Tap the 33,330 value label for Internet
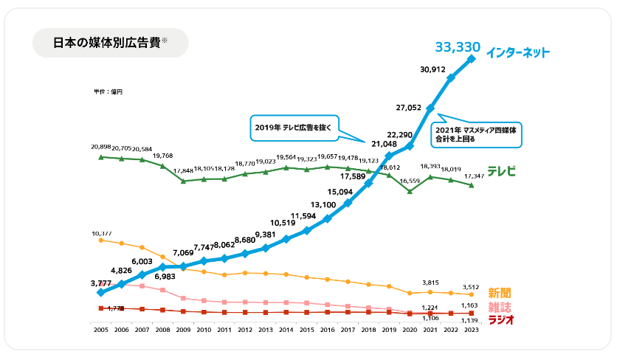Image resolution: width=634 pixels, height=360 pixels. pos(457,48)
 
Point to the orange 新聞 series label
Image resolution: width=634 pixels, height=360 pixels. pos(500,294)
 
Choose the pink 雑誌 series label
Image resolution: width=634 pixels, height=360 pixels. pos(500,307)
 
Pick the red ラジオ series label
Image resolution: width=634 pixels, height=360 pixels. pos(500,319)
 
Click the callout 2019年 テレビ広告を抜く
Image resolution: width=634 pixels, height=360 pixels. pos(292,126)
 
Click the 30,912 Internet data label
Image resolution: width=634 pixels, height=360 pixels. pos(433,69)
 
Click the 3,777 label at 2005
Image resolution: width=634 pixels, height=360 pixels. pos(100,283)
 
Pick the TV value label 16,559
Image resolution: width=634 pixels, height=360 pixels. pos(408,181)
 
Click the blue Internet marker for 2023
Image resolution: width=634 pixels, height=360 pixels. pos(471,58)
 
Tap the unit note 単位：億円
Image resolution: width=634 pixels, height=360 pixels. pos(108,91)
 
